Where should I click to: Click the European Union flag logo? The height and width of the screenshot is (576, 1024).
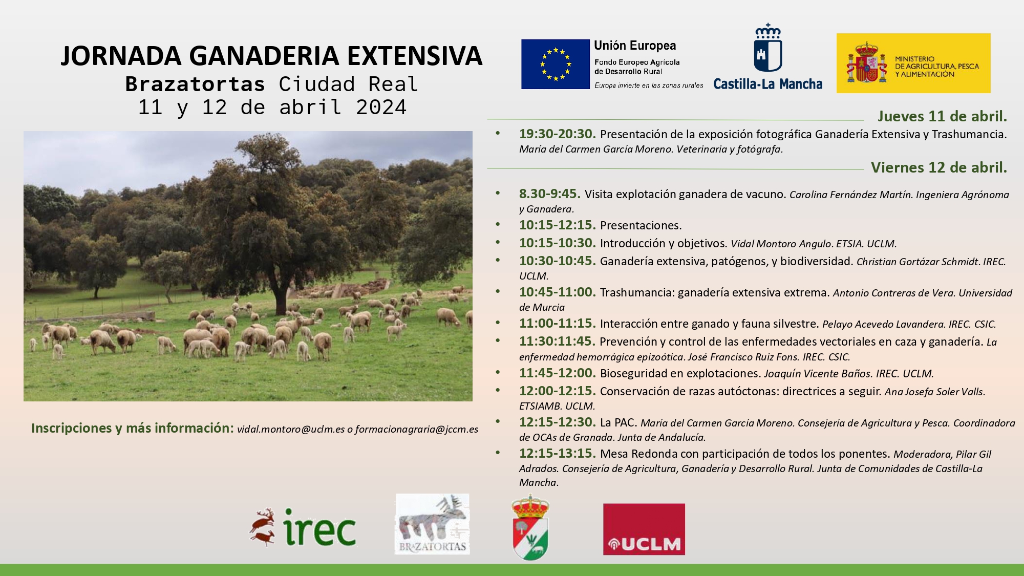coord(555,64)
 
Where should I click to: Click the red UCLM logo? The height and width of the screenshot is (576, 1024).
coord(644,529)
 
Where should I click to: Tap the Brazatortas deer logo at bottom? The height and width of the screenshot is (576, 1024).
coord(432,524)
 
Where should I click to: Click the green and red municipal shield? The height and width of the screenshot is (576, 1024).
coord(530,527)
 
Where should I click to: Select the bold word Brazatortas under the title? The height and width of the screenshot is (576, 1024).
coord(195,84)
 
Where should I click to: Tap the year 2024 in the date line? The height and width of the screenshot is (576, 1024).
coord(381,108)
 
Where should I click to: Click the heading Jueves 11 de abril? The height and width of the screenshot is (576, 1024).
coord(942,116)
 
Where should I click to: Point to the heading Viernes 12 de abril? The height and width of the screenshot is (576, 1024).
coord(938,167)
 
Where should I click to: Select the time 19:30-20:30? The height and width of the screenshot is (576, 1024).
coord(557,134)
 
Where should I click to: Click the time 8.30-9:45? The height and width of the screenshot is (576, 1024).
coord(549,194)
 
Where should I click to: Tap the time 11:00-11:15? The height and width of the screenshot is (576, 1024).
coord(557,324)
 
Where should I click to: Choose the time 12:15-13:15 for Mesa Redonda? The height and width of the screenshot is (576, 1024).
coord(557,454)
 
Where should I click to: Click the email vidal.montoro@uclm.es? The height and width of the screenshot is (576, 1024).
coord(290,430)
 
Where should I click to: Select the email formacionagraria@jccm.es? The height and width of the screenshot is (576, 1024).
coord(416,430)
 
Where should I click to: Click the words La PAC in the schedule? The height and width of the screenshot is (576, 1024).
coord(618,423)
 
